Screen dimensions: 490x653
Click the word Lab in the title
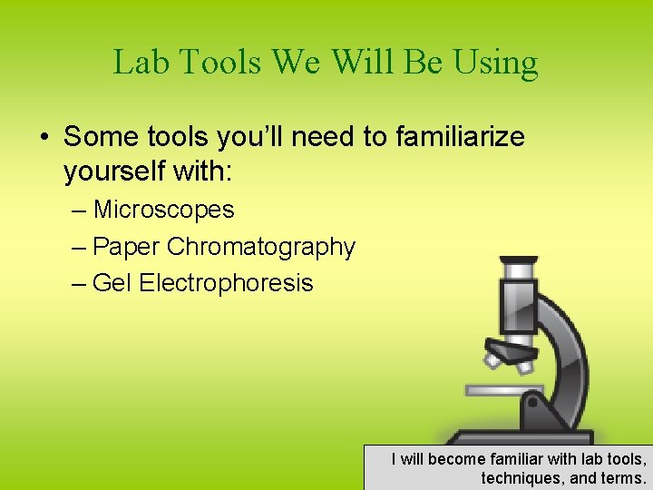(141, 62)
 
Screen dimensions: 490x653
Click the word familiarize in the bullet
(460, 137)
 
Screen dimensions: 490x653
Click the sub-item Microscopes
(163, 210)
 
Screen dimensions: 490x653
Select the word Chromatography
(261, 247)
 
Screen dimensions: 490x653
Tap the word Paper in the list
(127, 247)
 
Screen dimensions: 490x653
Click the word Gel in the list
(112, 283)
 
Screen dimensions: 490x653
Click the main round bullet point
(43, 138)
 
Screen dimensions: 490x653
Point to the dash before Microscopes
(78, 211)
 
